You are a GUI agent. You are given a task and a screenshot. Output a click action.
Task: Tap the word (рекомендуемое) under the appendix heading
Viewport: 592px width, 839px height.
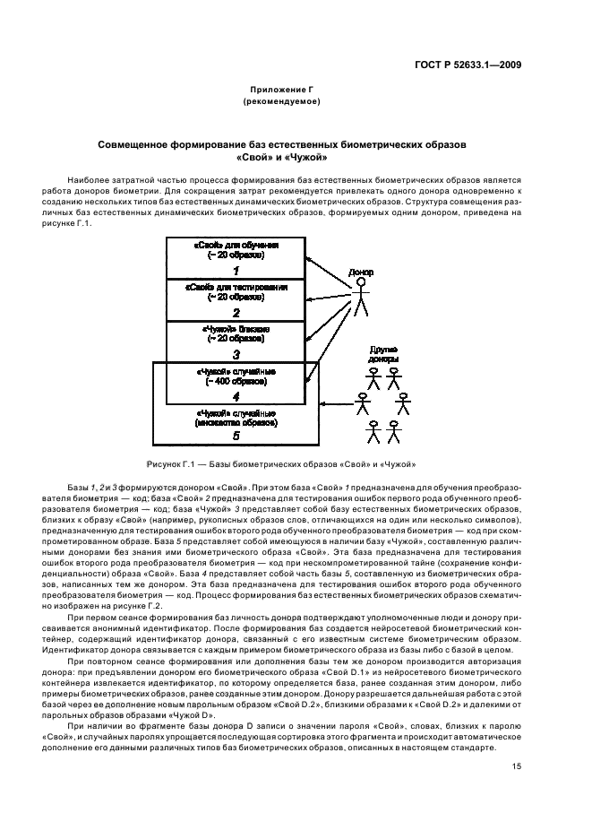(x=281, y=101)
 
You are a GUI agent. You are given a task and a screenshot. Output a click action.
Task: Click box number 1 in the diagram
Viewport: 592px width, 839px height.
(x=236, y=270)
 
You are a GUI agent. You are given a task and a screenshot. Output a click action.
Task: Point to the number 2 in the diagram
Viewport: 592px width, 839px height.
(x=236, y=312)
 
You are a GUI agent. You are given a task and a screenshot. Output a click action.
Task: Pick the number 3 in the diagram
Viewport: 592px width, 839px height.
(x=236, y=354)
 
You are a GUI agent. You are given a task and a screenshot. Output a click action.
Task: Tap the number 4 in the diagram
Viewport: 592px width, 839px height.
(x=236, y=395)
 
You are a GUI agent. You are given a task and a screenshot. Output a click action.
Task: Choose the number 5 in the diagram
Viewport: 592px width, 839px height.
(x=236, y=436)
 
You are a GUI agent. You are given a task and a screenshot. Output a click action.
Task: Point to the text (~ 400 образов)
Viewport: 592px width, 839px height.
(x=236, y=381)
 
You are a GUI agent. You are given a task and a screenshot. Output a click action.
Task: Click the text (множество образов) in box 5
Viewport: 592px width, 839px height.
(x=236, y=422)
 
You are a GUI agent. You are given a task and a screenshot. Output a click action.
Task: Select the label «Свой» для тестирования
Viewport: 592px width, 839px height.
(x=236, y=287)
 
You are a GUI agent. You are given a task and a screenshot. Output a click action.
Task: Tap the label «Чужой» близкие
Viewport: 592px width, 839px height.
(x=236, y=329)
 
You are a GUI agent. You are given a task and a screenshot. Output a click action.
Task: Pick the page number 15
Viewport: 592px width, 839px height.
(x=517, y=765)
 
